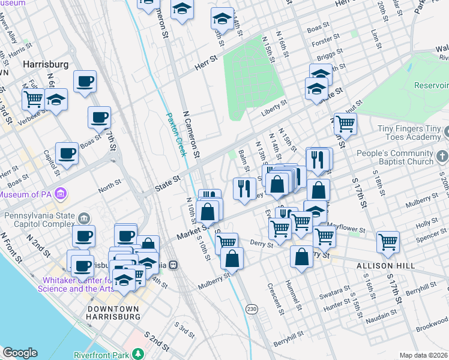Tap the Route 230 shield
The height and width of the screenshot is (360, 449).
tap(252, 308)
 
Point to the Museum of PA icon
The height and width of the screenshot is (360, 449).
tap(60, 194)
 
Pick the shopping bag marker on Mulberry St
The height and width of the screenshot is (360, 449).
tap(232, 259)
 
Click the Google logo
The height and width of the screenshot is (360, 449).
tap(20, 353)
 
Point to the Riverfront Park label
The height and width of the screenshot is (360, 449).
tap(100, 355)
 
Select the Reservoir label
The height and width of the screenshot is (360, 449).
tap(431, 86)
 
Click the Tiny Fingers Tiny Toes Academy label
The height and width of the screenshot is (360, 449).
tap(409, 133)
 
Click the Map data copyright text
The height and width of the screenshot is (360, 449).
tap(423, 356)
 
